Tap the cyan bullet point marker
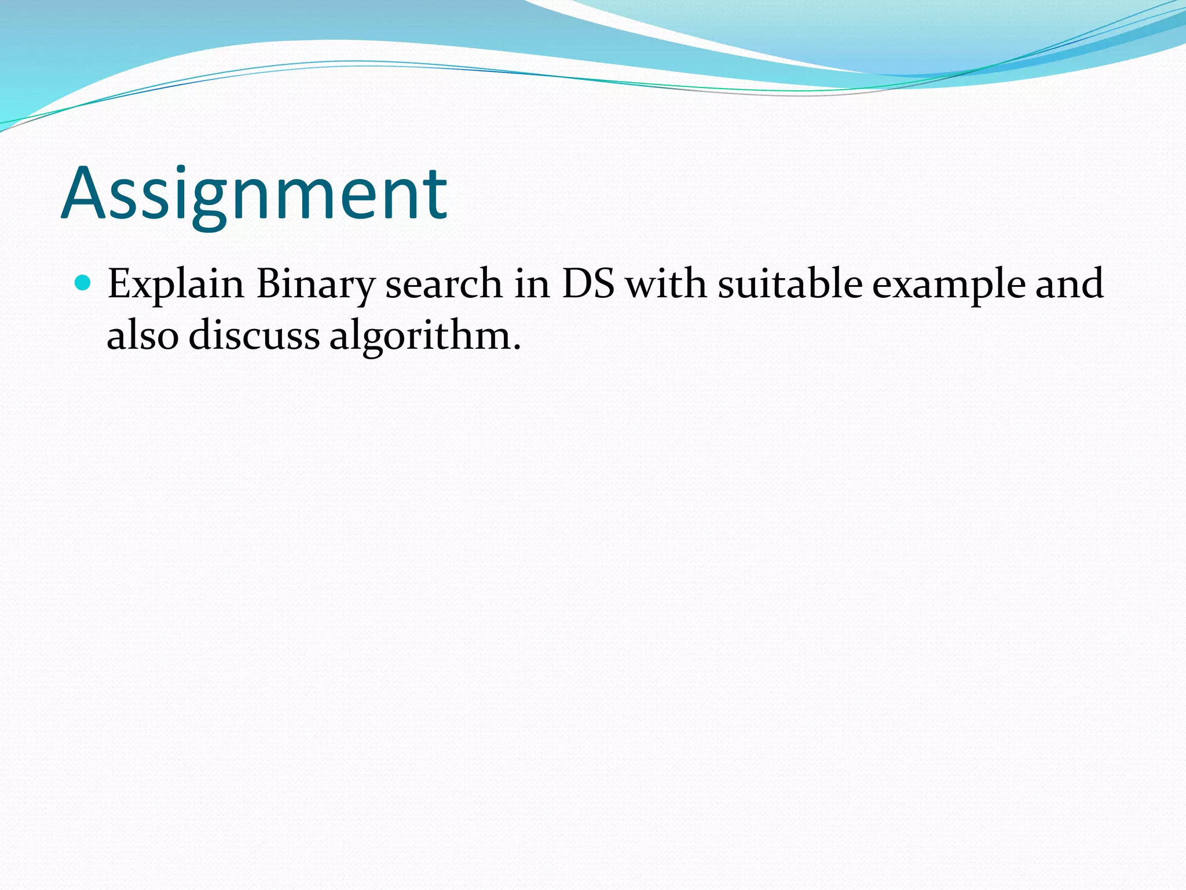[83, 283]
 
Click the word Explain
[175, 285]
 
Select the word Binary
[316, 285]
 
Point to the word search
[444, 284]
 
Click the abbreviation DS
[588, 284]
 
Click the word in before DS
[532, 284]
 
